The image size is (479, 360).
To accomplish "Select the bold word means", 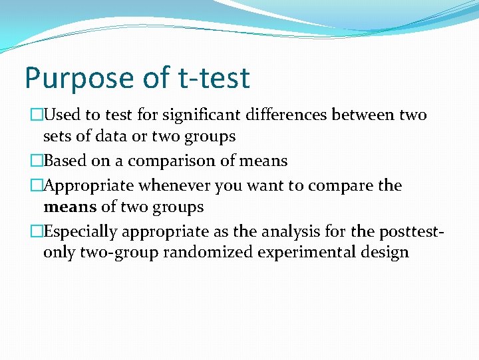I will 70,207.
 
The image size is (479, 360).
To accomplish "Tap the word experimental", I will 308,253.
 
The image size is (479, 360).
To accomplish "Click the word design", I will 385,253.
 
